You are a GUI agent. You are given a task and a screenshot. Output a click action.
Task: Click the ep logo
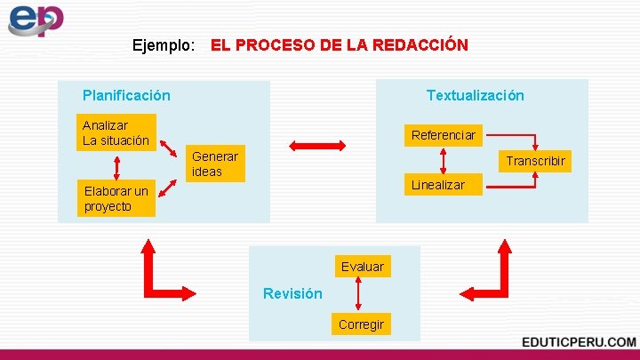pyautogui.click(x=36, y=20)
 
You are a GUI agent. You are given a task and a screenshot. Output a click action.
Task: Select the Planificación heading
pyautogui.click(x=126, y=95)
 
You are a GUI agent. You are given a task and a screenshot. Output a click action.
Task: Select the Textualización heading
pyautogui.click(x=475, y=95)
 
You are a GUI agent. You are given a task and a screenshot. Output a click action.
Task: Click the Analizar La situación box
pyautogui.click(x=116, y=132)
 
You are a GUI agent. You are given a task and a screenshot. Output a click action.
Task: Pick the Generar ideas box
pyautogui.click(x=215, y=164)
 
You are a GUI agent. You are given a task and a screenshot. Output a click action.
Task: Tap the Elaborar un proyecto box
pyautogui.click(x=116, y=198)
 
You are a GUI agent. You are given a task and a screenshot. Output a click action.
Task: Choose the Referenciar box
pyautogui.click(x=443, y=135)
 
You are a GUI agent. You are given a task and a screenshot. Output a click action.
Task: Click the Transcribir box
pyautogui.click(x=535, y=161)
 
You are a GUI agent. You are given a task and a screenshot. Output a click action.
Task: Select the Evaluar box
pyautogui.click(x=362, y=267)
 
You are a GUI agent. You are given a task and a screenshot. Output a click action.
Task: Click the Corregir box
pyautogui.click(x=361, y=324)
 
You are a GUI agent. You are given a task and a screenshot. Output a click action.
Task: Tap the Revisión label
pyautogui.click(x=292, y=294)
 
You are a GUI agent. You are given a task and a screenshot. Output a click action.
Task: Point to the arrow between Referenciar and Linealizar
pyautogui.click(x=443, y=160)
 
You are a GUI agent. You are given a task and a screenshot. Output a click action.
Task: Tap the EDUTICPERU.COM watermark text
pyautogui.click(x=579, y=342)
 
